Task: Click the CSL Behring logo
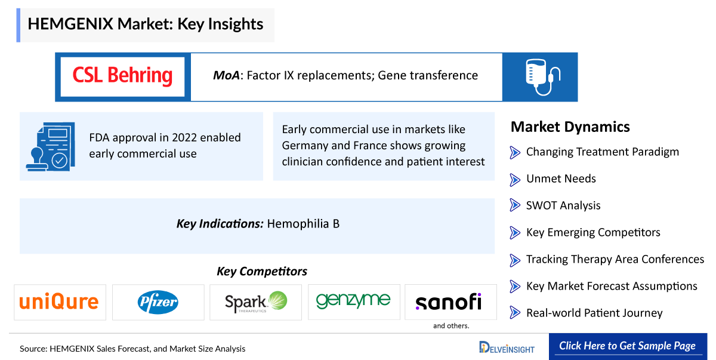click(x=122, y=76)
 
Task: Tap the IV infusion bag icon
click(x=542, y=77)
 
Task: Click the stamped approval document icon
click(x=51, y=146)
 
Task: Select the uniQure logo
click(x=59, y=302)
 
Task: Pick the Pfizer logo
click(x=158, y=302)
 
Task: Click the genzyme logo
click(x=353, y=300)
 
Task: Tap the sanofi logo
click(x=449, y=302)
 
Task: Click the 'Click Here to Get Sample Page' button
click(x=628, y=346)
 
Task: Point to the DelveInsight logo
click(x=507, y=347)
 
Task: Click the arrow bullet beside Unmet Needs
click(x=515, y=180)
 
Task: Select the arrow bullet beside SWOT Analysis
click(x=515, y=205)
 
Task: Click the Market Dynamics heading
click(x=570, y=127)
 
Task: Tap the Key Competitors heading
click(x=262, y=272)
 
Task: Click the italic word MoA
click(x=226, y=75)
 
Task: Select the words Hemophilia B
click(x=303, y=224)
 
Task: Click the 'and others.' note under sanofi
click(x=451, y=326)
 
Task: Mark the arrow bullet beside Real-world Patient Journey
click(x=515, y=313)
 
